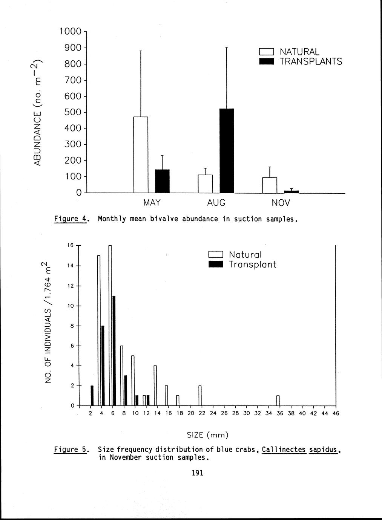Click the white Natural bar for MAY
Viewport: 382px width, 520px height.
coord(141,154)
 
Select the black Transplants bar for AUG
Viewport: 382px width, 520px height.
coord(227,151)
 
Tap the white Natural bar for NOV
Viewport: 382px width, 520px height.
coord(270,185)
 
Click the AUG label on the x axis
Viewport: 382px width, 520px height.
coord(216,203)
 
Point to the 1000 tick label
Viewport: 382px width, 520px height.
coord(71,32)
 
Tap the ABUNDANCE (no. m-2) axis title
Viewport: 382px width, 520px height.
coord(37,112)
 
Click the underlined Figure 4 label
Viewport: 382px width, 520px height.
coord(70,219)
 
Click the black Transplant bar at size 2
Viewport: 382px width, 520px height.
coord(92,396)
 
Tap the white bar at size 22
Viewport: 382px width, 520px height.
coord(200,396)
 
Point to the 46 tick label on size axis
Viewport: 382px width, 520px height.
coord(336,413)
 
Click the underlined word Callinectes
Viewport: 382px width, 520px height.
coord(284,450)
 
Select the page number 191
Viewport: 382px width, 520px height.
coord(198,473)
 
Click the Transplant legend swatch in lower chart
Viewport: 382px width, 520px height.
coord(216,265)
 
